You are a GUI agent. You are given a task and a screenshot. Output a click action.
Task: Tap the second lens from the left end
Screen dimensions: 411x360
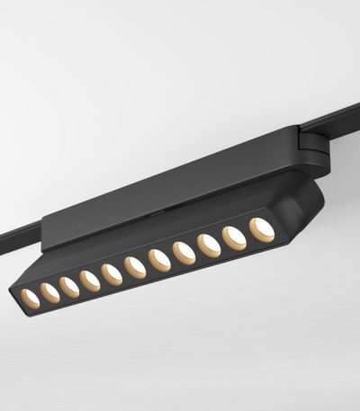pos(49,291)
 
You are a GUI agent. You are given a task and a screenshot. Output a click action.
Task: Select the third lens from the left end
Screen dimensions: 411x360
pos(69,287)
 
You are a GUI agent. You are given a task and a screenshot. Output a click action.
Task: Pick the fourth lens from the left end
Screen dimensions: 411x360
pos(90,281)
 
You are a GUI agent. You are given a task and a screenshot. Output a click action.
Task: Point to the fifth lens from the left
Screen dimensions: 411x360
pos(112,273)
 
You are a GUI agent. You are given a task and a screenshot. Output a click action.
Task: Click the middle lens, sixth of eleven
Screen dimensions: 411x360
pos(136,267)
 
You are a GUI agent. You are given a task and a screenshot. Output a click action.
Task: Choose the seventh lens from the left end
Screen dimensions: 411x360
pos(160,260)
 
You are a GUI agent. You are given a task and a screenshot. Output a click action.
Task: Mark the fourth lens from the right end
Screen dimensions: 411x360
pos(184,253)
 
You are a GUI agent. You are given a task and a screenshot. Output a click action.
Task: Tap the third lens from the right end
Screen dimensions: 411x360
pos(209,245)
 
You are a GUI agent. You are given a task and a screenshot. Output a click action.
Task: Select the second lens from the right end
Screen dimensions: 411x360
pos(235,237)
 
